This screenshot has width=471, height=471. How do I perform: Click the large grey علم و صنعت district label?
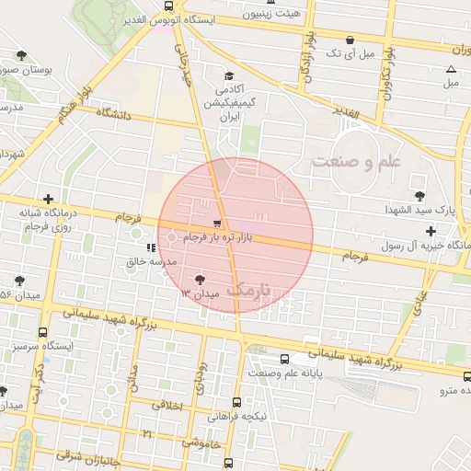click(358, 161)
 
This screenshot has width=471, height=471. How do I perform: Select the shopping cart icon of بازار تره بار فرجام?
click(217, 224)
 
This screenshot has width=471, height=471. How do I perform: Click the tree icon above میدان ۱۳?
click(201, 280)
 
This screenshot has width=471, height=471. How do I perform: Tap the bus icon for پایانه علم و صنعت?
click(284, 359)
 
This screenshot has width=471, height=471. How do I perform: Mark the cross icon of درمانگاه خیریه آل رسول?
click(431, 231)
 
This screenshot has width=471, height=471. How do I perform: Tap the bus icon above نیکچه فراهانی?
click(237, 402)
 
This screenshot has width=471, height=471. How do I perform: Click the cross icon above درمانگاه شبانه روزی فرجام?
click(48, 198)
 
